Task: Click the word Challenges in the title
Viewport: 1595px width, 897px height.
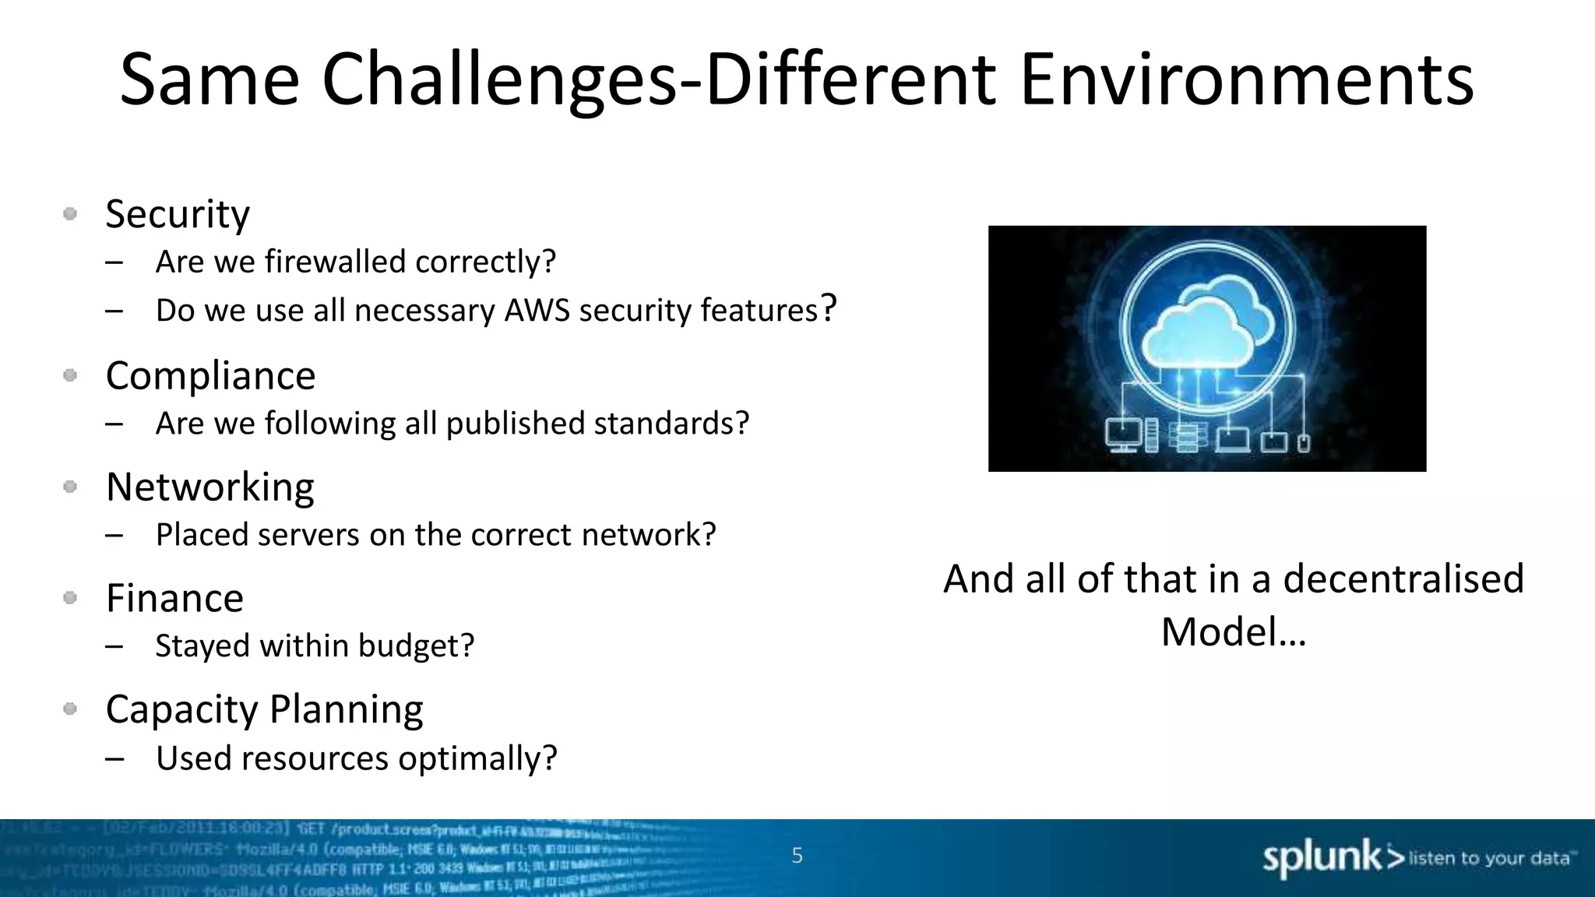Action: pos(498,79)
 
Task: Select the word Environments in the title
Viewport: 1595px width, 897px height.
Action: pos(1246,79)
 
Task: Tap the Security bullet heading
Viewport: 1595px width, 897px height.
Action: pos(178,214)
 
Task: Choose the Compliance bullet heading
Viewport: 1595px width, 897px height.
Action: pos(210,376)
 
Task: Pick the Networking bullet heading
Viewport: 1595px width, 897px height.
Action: pos(209,487)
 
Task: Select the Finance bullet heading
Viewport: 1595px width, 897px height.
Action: pos(174,599)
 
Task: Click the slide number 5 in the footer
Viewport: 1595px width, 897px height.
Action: pos(797,856)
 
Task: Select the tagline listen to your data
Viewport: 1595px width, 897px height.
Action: pos(1489,858)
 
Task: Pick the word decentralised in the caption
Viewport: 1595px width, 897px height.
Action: pos(1403,579)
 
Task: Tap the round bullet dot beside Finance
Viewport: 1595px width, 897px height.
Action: pos(70,598)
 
